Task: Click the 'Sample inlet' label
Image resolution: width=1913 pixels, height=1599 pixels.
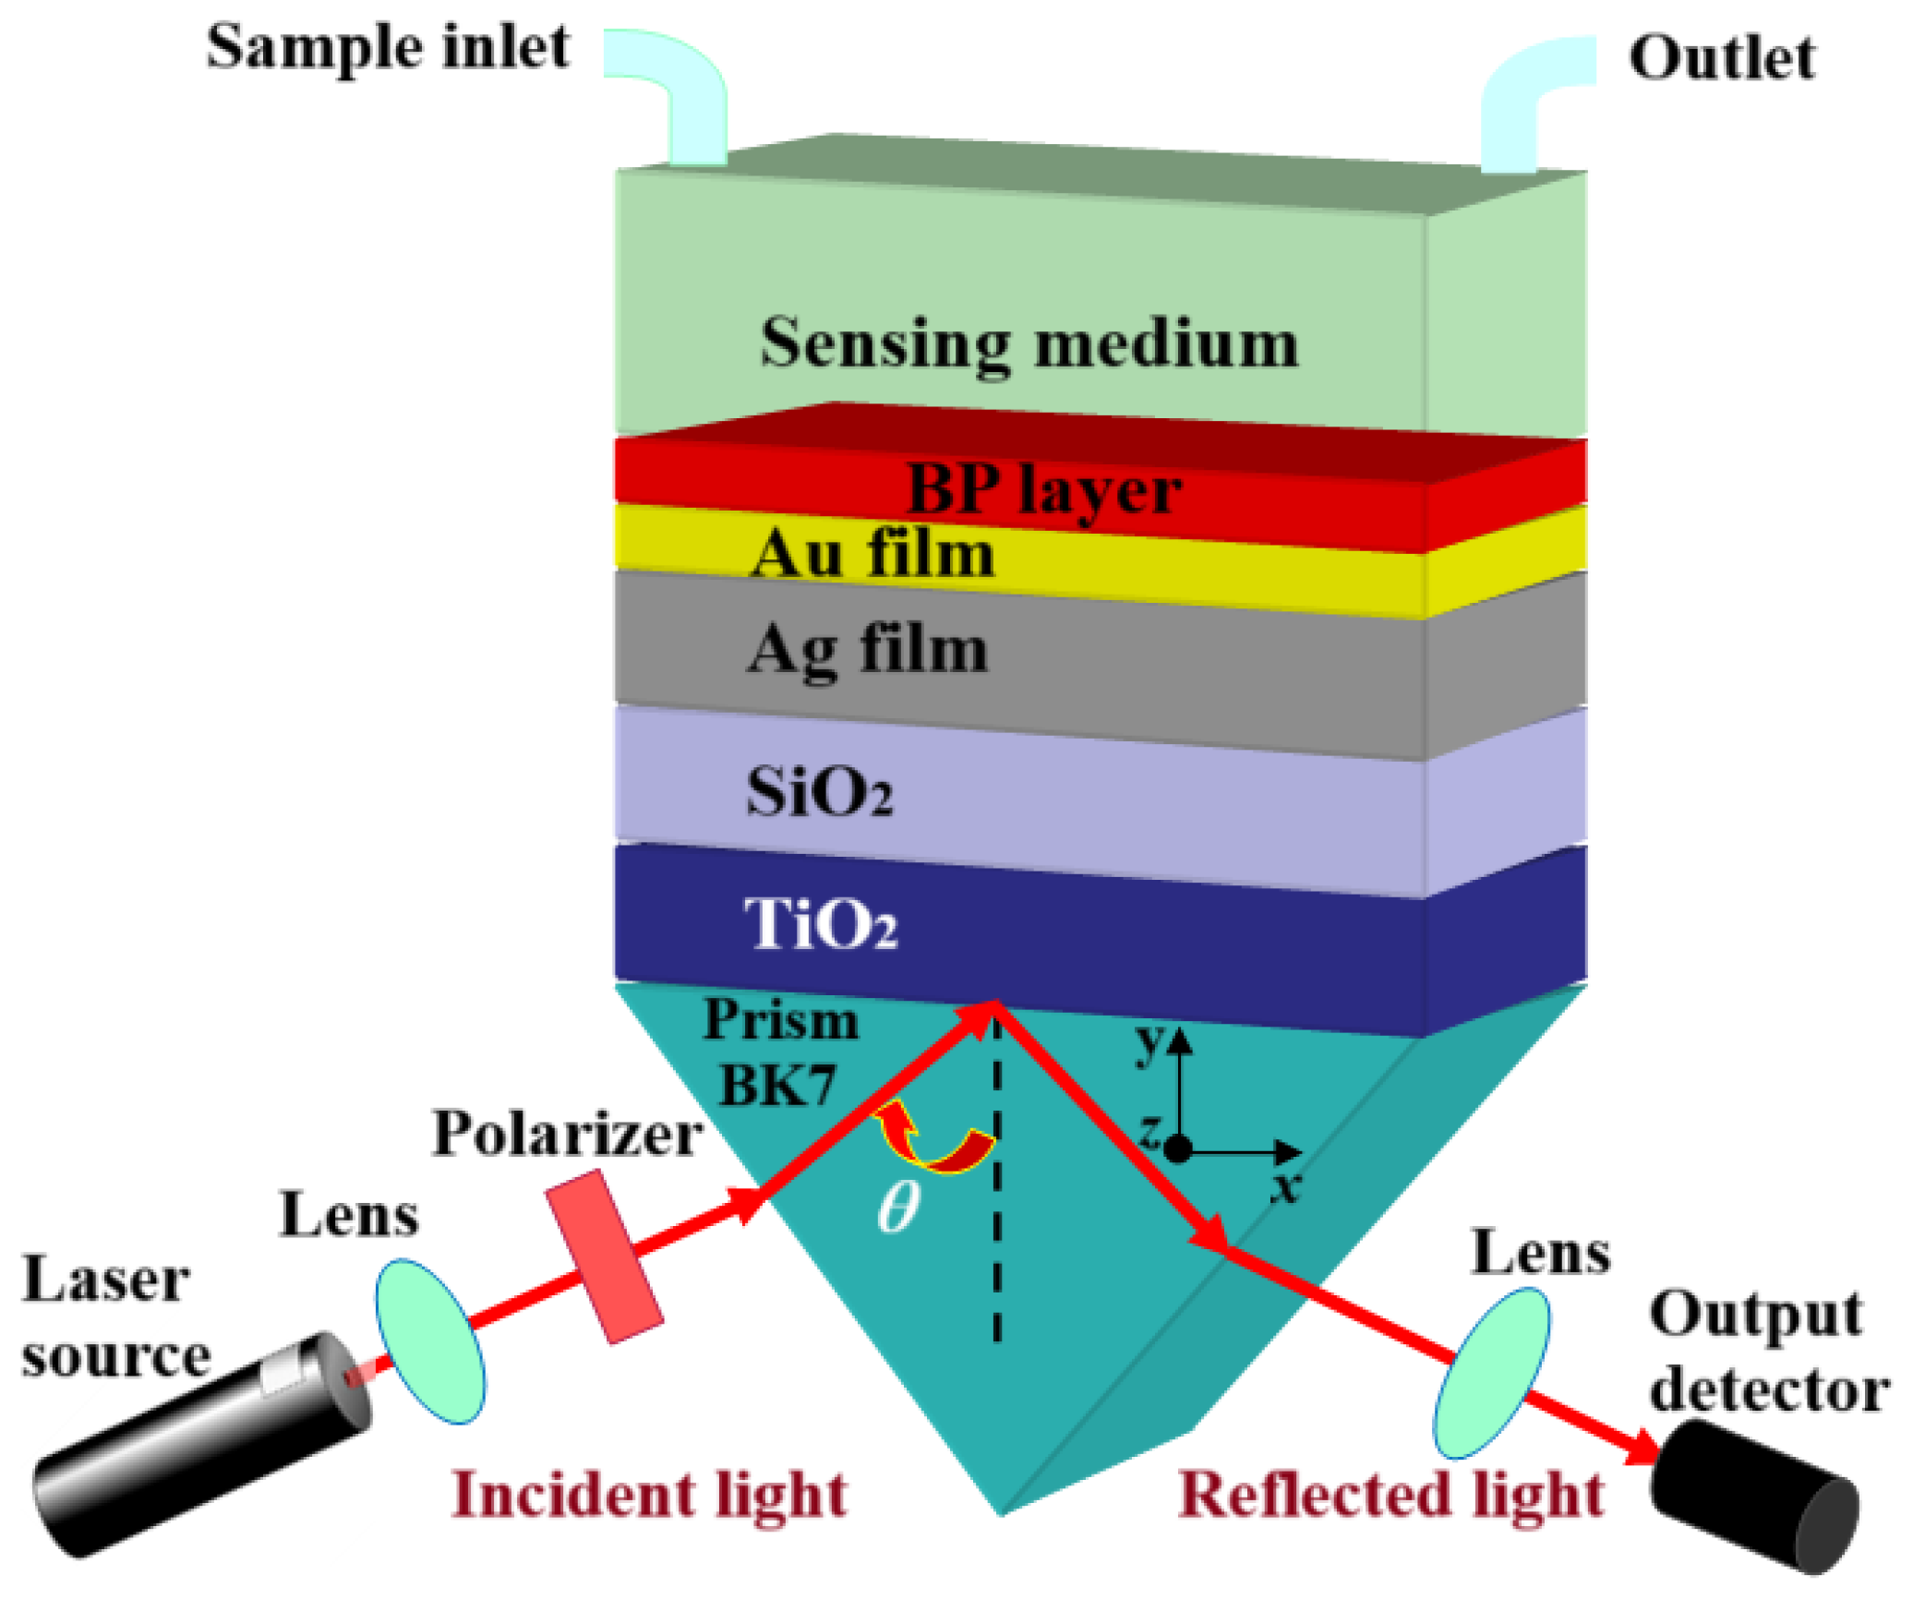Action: pyautogui.click(x=388, y=48)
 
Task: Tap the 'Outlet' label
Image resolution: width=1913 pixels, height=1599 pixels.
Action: pyautogui.click(x=1721, y=59)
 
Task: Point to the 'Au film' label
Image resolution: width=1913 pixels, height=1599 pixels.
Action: pyautogui.click(x=872, y=554)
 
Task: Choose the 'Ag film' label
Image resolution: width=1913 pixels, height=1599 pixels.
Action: pyautogui.click(x=868, y=650)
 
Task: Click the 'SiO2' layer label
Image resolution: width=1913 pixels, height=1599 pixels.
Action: pyautogui.click(x=820, y=792)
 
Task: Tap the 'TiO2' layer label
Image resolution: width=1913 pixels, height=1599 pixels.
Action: pyautogui.click(x=821, y=923)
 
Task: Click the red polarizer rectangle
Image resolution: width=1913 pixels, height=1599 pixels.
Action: pyautogui.click(x=604, y=1256)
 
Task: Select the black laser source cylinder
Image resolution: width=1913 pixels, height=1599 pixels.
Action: pyautogui.click(x=203, y=1440)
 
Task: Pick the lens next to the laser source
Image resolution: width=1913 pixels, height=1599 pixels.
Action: pyautogui.click(x=429, y=1341)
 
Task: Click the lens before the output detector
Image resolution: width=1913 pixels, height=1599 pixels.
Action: pyautogui.click(x=1491, y=1372)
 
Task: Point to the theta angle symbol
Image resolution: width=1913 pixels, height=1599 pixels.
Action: pyautogui.click(x=898, y=1208)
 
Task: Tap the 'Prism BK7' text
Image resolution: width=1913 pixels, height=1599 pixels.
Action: pyautogui.click(x=780, y=1052)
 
